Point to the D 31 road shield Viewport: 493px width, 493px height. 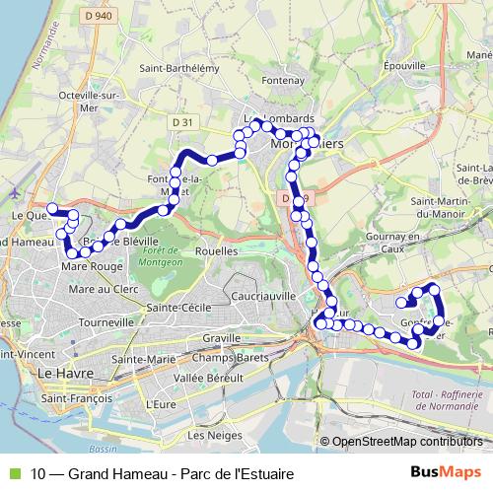180,121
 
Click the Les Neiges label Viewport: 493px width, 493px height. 208,435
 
